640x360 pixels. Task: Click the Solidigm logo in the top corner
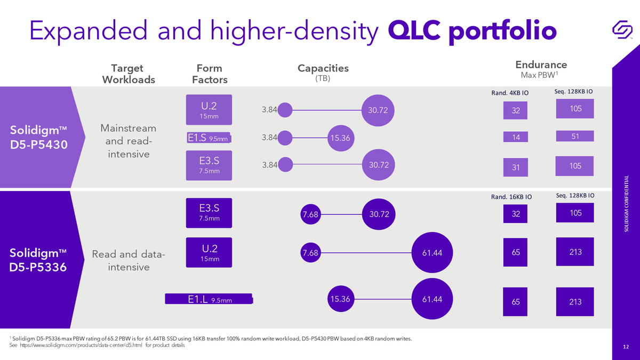click(622, 29)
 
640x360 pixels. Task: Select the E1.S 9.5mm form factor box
click(209, 138)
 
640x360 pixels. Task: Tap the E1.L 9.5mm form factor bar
click(209, 299)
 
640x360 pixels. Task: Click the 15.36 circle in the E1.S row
click(341, 138)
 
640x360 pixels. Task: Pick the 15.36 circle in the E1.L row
click(341, 299)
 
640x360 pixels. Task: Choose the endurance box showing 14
click(515, 137)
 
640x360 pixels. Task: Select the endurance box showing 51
click(575, 136)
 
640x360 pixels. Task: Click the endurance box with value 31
click(515, 167)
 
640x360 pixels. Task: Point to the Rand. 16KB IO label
click(511, 197)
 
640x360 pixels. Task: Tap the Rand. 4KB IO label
click(510, 93)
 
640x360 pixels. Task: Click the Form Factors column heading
click(210, 74)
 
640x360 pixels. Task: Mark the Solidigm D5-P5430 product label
click(38, 137)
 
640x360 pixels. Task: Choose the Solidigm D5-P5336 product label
click(38, 260)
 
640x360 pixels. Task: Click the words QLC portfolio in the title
click(473, 31)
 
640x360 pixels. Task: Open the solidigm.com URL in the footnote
click(81, 345)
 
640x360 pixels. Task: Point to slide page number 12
click(626, 347)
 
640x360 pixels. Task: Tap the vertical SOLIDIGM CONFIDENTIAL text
click(626, 203)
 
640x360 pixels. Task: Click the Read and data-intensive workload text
click(129, 260)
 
